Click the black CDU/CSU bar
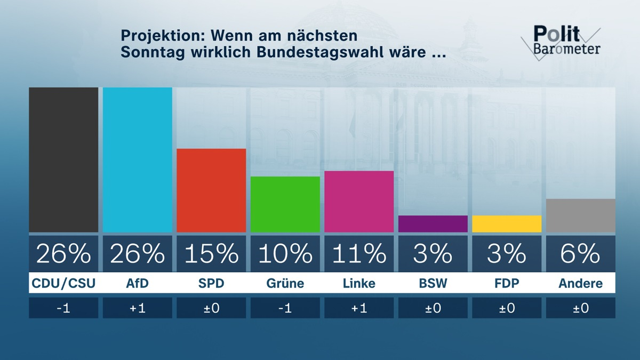(63, 160)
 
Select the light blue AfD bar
(137, 160)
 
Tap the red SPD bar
(211, 190)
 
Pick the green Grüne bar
(285, 204)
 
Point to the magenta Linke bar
(359, 202)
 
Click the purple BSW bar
(433, 224)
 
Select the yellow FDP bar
(507, 224)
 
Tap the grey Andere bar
(580, 215)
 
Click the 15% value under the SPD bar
(211, 254)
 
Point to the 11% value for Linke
(359, 254)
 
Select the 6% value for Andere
(580, 254)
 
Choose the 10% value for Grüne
(285, 254)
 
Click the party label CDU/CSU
(63, 283)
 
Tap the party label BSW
(433, 283)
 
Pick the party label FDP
(507, 283)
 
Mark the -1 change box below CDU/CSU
(63, 308)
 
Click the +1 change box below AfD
(137, 308)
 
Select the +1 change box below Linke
(359, 308)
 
